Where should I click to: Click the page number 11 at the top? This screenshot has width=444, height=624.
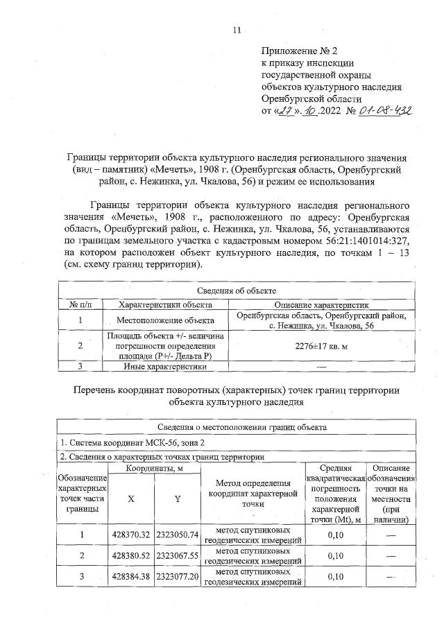pos(237,30)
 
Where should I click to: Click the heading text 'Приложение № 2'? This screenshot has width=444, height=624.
pos(299,51)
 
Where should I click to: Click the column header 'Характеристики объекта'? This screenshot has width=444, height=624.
pos(165,304)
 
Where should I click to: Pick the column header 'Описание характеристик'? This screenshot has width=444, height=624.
pos(321,304)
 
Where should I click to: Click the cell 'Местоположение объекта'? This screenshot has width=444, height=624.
pos(165,320)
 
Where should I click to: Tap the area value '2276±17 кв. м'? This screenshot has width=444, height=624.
pos(321,345)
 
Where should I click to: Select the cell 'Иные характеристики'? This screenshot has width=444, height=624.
pos(165,365)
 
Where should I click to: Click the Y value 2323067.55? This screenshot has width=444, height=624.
pos(177,555)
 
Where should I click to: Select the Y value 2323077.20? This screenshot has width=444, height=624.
pos(177,576)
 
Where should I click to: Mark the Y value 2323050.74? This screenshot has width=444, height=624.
pos(177,535)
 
